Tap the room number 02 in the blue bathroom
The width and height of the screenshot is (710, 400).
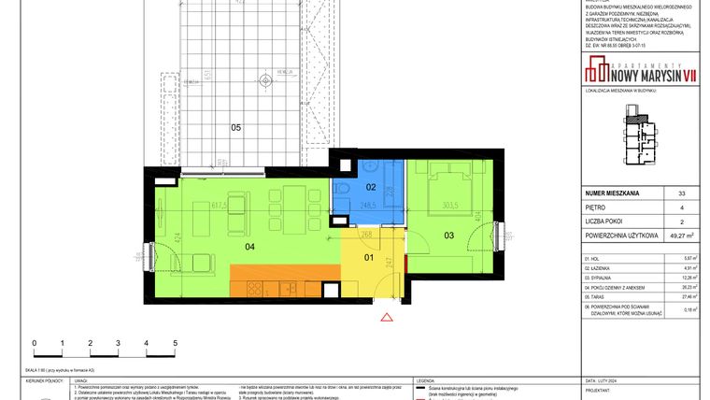tap(369, 187)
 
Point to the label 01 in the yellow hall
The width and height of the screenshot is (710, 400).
tap(367, 258)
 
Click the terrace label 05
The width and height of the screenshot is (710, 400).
tap(236, 128)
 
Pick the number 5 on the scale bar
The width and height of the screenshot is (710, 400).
tap(175, 343)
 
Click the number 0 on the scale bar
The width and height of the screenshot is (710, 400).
tap(35, 343)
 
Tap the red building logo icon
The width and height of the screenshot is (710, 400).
tap(593, 68)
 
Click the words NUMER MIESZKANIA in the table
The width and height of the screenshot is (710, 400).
tap(612, 193)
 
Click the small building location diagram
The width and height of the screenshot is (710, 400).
tap(643, 137)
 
